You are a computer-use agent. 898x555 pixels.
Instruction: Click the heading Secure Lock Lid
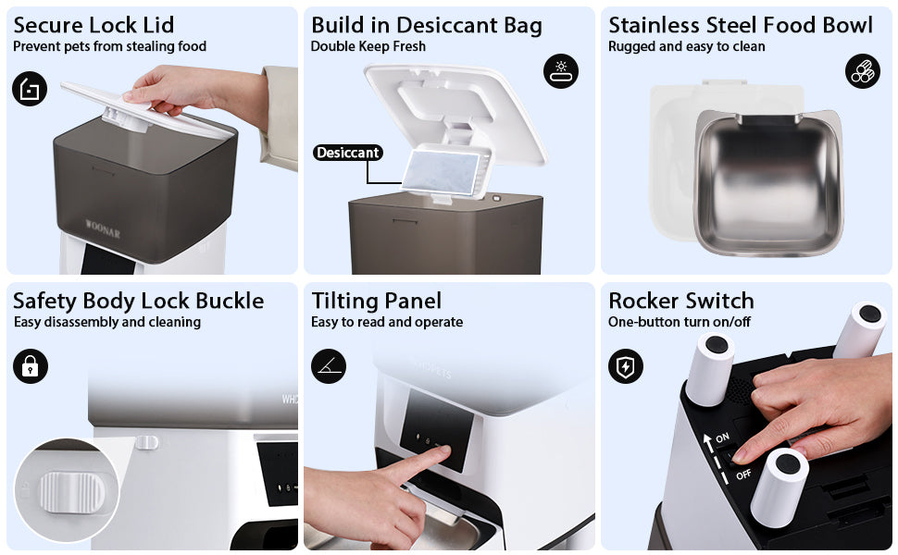94,25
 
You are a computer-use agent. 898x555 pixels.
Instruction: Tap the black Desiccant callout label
348,153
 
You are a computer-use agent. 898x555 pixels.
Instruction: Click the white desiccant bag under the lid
440,172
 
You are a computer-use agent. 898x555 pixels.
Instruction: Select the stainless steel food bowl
768,184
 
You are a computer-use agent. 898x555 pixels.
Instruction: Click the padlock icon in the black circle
31,366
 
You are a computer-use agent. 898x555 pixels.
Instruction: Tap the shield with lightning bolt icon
626,366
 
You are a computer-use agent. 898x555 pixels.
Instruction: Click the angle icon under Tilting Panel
329,366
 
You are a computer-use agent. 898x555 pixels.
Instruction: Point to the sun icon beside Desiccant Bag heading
561,71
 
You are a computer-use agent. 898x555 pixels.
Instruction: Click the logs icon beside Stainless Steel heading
863,71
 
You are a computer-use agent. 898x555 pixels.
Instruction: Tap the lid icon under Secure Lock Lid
30,89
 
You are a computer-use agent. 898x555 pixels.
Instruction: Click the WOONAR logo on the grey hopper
103,228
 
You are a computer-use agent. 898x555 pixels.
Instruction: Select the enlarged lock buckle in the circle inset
71,492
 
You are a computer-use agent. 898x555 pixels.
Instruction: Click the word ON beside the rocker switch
722,438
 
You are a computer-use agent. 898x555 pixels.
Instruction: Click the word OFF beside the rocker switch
743,475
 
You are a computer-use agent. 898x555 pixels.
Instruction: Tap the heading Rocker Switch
681,301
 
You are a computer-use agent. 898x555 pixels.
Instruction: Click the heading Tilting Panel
376,301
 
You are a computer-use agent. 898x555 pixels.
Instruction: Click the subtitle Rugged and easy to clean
686,46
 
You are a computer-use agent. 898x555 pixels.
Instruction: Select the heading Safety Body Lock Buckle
139,301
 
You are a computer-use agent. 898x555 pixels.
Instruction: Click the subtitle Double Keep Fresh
368,46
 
